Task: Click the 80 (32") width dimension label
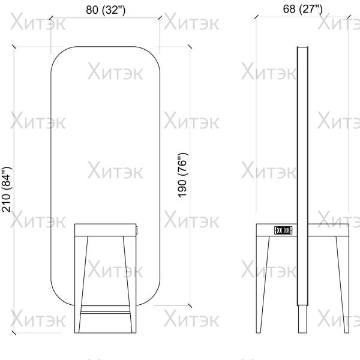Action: [x=106, y=10]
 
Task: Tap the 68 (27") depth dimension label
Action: [x=302, y=9]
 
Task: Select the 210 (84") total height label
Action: [x=6, y=189]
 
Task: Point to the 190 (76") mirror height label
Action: [x=183, y=175]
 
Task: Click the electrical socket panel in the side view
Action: [x=283, y=230]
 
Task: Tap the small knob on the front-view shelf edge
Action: [x=137, y=230]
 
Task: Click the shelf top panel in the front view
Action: [x=106, y=230]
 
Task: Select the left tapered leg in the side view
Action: [x=263, y=284]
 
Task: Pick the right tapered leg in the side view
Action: [x=343, y=284]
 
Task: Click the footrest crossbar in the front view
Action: [x=106, y=308]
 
